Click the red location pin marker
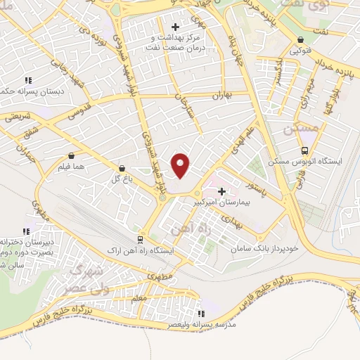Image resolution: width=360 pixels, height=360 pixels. click(x=181, y=165)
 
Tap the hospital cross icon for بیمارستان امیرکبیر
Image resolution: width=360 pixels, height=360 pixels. click(x=222, y=191)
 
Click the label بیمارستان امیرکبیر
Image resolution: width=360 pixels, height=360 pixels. click(x=222, y=202)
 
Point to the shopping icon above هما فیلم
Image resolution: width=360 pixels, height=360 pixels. click(x=71, y=156)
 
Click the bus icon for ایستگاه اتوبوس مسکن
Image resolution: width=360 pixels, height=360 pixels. click(x=304, y=150)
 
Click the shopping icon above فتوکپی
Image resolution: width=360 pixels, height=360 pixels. click(x=301, y=40)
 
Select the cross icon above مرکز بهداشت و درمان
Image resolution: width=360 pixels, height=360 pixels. click(x=175, y=27)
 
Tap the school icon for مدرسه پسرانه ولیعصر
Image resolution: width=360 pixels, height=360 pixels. click(x=201, y=314)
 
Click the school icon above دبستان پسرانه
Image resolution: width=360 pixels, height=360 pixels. click(x=28, y=80)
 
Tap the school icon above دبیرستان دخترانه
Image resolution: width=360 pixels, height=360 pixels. click(x=26, y=231)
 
